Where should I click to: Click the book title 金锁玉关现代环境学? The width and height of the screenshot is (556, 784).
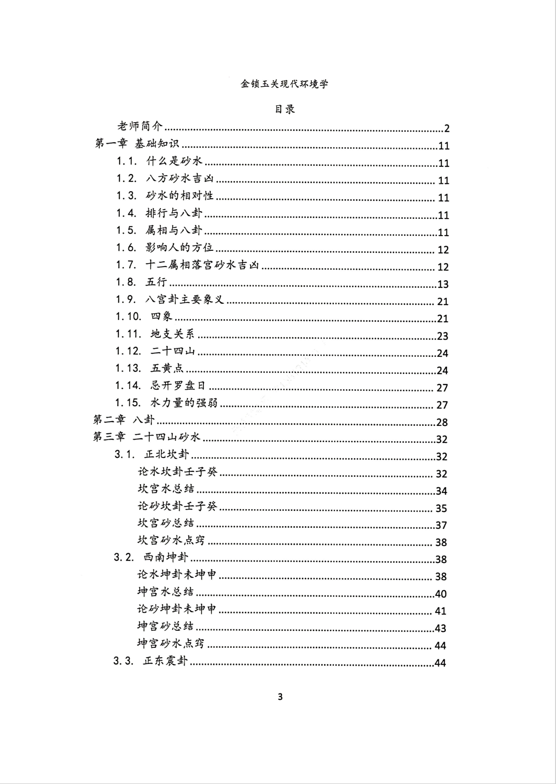284,84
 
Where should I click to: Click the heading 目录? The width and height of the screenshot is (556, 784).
284,109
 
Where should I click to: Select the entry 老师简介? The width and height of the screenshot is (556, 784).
140,127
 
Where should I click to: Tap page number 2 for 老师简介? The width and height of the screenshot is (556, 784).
446,129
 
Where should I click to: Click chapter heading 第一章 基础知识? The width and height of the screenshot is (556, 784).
137,144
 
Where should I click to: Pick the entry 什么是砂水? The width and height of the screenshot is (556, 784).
175,162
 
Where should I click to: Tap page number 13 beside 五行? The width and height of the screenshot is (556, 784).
443,285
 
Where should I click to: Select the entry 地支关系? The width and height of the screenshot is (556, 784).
172,334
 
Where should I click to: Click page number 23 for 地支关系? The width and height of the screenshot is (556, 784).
442,336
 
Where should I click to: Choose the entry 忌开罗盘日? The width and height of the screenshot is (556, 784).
178,386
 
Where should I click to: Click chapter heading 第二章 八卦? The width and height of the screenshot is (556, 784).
124,420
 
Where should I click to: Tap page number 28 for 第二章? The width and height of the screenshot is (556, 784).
442,422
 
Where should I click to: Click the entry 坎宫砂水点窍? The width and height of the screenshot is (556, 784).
171,541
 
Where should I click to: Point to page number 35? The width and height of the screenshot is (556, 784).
441,508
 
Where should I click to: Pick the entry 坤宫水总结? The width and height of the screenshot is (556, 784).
165,592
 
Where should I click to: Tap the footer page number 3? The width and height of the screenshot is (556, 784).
280,696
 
